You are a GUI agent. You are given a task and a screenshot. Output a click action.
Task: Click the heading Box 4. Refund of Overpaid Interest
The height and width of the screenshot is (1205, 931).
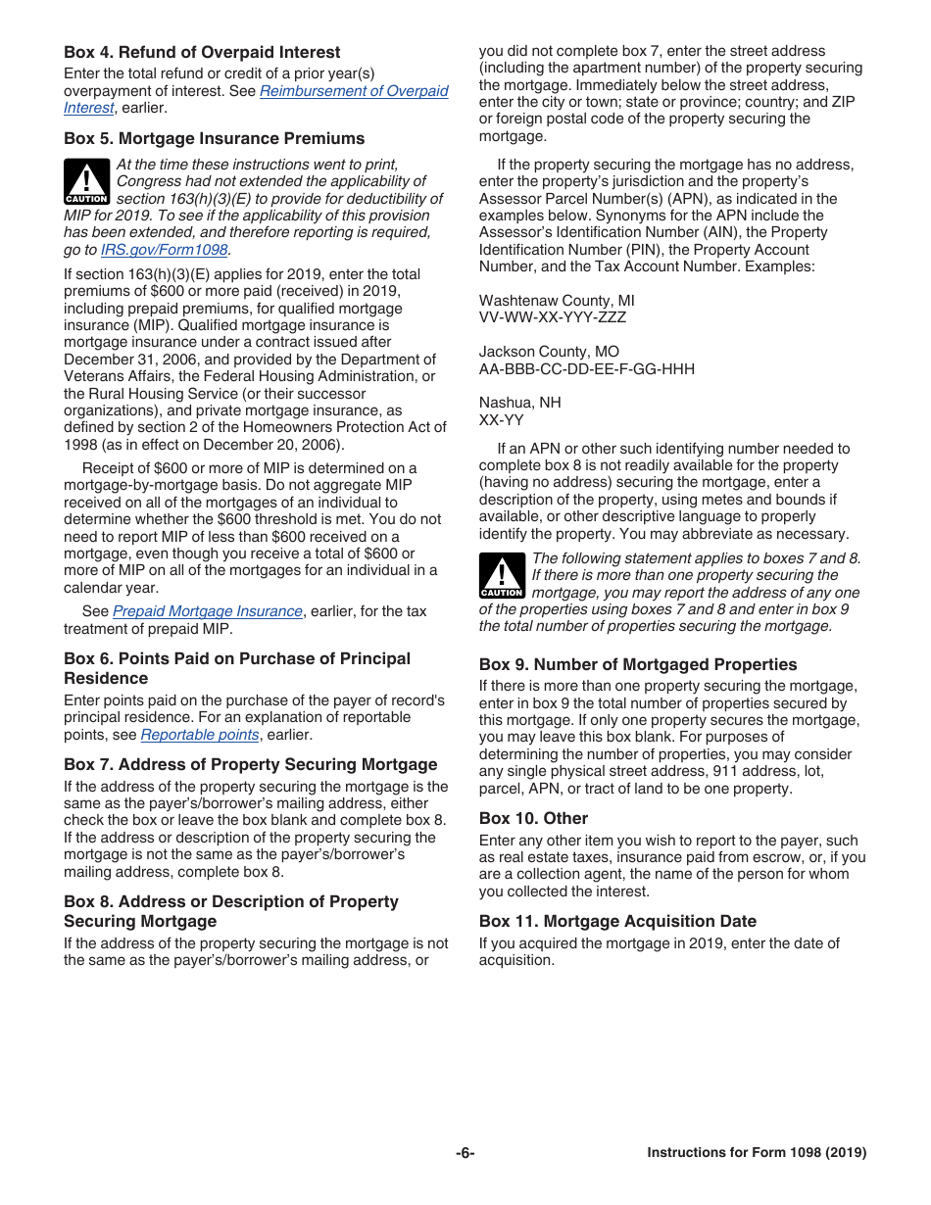(x=202, y=53)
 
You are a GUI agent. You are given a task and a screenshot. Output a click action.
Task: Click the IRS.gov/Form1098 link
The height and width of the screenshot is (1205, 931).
(x=164, y=250)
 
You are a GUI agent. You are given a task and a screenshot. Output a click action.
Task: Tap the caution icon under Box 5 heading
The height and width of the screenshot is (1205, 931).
(x=87, y=182)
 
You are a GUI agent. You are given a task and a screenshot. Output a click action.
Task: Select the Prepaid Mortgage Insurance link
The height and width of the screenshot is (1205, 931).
(x=207, y=611)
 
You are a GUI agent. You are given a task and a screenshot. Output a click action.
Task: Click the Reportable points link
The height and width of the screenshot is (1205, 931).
(x=200, y=735)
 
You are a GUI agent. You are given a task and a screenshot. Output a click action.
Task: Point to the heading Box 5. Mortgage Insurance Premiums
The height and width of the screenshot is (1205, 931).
(x=214, y=139)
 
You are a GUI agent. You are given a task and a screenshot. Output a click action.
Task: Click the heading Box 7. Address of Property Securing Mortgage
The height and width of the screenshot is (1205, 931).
(x=250, y=765)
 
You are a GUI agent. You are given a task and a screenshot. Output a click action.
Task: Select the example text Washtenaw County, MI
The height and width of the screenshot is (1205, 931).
(x=557, y=301)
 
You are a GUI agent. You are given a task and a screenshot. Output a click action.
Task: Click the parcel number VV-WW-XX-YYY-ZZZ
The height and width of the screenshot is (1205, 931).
(x=553, y=317)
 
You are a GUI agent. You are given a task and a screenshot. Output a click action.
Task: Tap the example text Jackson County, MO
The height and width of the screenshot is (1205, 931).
(x=549, y=352)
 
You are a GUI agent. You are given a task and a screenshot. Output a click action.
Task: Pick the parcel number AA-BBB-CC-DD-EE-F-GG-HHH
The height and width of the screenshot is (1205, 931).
(x=586, y=368)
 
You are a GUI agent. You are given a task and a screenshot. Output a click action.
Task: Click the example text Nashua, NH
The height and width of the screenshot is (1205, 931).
(x=519, y=403)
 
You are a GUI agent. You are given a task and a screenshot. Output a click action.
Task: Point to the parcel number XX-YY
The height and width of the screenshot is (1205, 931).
(x=501, y=419)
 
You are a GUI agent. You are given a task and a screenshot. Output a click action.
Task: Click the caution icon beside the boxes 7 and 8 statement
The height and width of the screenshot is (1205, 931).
(x=502, y=576)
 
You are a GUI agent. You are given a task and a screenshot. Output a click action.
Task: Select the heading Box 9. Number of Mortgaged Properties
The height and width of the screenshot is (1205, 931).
(x=638, y=664)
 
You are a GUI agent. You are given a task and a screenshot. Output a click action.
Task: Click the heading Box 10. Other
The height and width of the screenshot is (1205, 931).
(x=533, y=818)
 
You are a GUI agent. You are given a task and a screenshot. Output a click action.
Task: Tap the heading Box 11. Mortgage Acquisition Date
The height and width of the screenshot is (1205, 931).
(x=617, y=921)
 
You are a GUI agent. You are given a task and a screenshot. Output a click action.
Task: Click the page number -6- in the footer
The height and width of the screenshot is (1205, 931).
(x=465, y=1153)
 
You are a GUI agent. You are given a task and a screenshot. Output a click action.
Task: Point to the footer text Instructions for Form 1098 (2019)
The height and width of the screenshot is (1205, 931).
(x=756, y=1153)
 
